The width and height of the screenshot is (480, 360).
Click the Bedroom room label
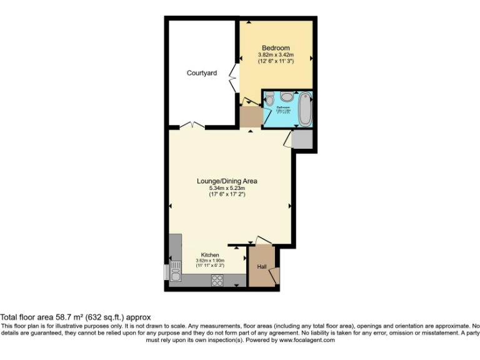pyautogui.click(x=276, y=48)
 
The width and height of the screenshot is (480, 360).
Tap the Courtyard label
pyautogui.click(x=202, y=73)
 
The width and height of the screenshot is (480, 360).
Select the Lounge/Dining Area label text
pyautogui.click(x=227, y=181)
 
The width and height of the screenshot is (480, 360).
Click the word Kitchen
pyautogui.click(x=209, y=255)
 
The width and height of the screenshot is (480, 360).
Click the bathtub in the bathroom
pyautogui.click(x=304, y=109)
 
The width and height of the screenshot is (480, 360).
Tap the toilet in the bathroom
pyautogui.click(x=269, y=99)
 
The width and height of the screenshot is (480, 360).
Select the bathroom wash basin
pyautogui.click(x=287, y=97)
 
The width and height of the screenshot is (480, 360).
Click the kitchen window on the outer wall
pyautogui.click(x=166, y=272)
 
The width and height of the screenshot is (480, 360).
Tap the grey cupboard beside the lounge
pyautogui.click(x=301, y=139)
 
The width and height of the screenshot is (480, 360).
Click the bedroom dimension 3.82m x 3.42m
pyautogui.click(x=276, y=55)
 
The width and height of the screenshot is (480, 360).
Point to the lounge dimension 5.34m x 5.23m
pyautogui.click(x=227, y=188)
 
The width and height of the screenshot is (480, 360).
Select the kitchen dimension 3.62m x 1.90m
pyautogui.click(x=209, y=261)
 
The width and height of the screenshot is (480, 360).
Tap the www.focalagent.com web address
pyautogui.click(x=307, y=340)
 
